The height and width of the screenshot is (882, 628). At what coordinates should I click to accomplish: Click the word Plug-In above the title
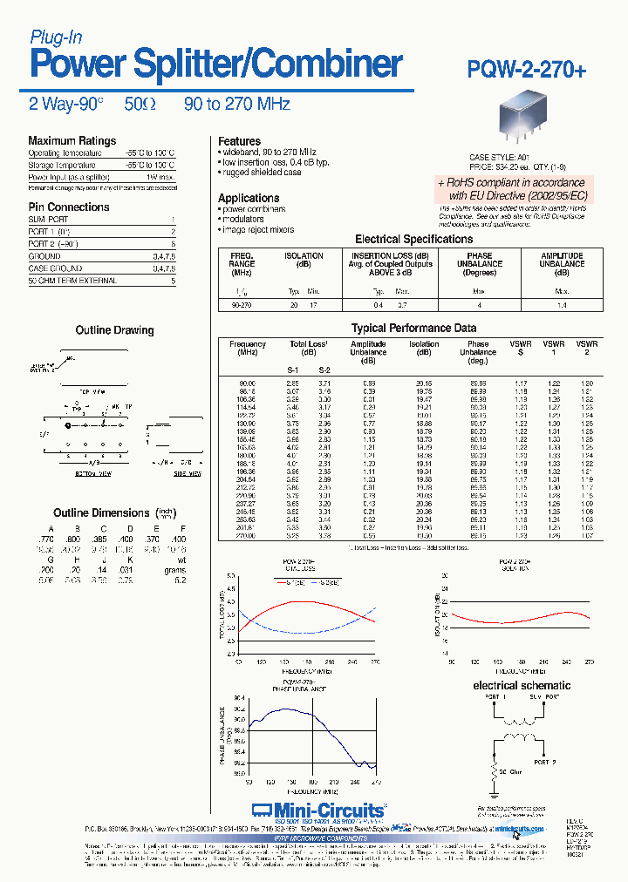click(56, 37)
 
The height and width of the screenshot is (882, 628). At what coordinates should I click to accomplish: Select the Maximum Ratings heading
click(72, 141)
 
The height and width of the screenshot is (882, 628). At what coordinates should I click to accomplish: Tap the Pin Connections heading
click(69, 207)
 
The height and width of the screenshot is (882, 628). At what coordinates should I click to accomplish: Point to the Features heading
click(239, 141)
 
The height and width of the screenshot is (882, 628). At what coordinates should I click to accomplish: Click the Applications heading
click(249, 198)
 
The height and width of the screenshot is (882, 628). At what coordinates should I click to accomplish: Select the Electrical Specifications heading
click(413, 239)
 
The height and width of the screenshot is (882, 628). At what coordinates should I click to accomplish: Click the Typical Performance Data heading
click(413, 329)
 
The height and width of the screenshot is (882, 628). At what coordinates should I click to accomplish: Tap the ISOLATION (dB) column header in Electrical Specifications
click(304, 260)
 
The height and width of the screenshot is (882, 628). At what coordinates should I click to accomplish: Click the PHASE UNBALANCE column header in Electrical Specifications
click(479, 263)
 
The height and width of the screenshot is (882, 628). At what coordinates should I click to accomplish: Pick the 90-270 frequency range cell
click(242, 305)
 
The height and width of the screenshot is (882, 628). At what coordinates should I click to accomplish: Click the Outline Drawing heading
click(114, 331)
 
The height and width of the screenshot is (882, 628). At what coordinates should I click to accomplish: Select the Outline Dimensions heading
click(101, 513)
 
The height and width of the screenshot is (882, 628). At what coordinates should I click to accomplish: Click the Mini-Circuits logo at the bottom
click(317, 810)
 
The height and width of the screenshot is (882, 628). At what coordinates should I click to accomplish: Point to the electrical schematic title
click(522, 686)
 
